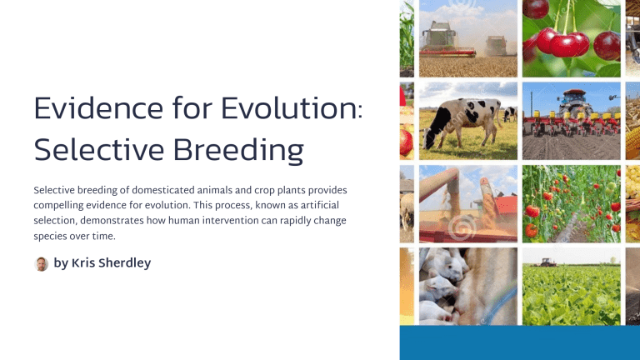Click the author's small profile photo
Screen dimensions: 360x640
42,264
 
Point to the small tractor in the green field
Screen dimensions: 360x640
545,260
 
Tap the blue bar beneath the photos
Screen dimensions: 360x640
519,342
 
